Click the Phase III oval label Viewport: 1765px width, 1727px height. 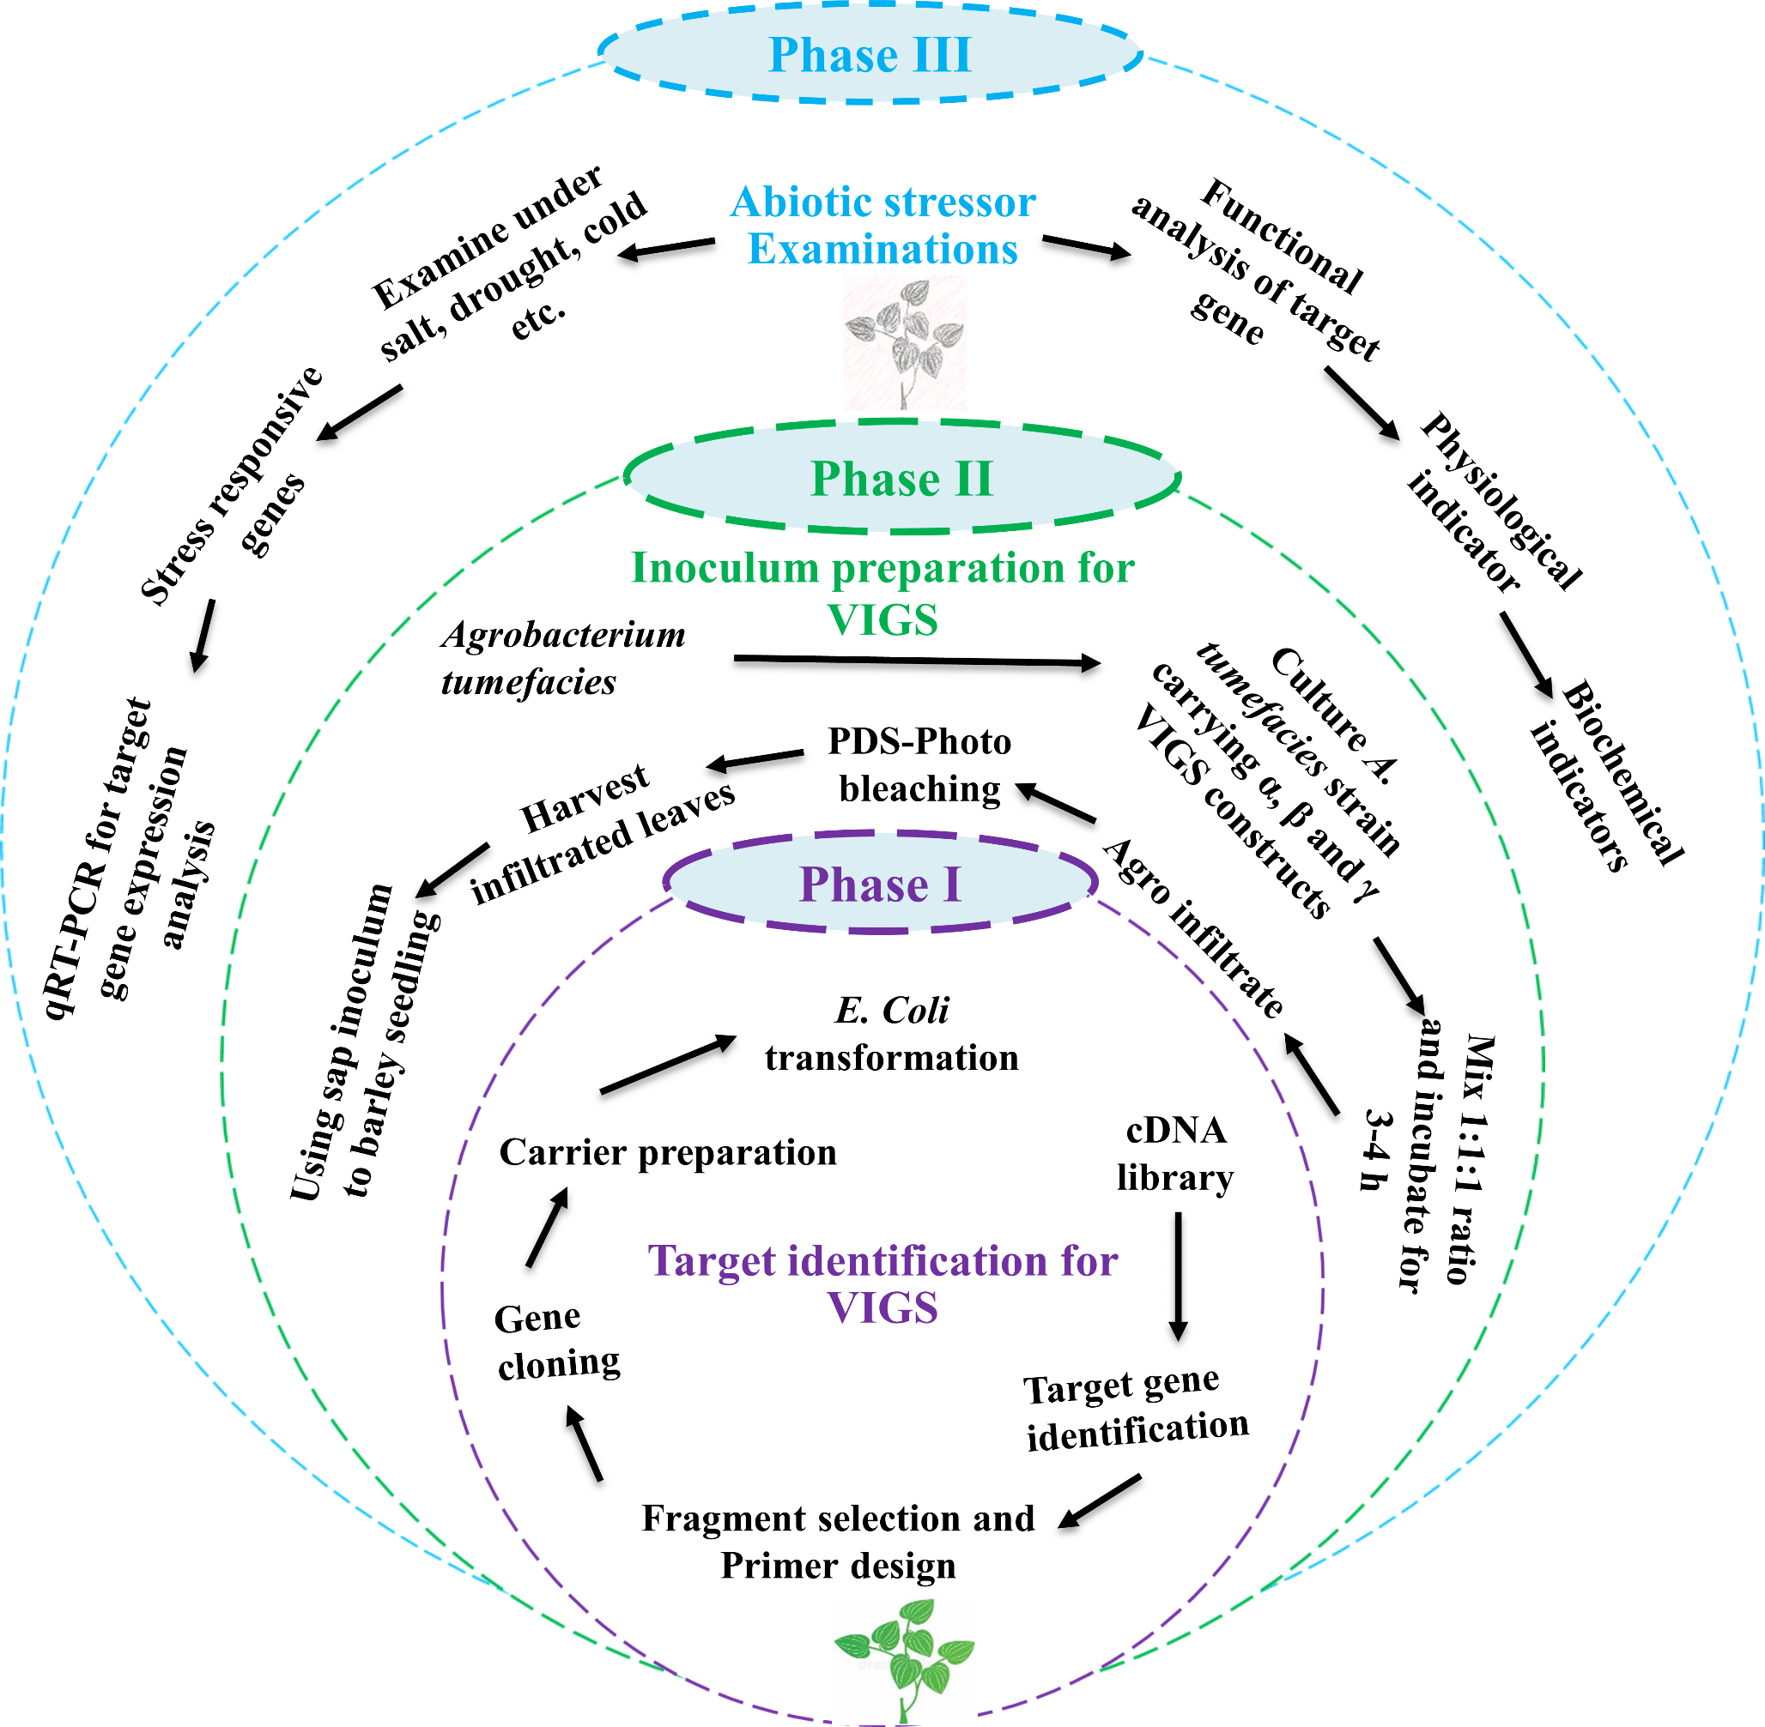tap(870, 53)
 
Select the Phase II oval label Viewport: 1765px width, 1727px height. tap(901, 478)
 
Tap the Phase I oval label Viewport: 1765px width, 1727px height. tap(879, 884)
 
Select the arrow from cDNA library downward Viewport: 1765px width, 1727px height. tap(1178, 1275)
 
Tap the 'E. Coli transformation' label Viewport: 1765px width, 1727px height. tap(891, 1034)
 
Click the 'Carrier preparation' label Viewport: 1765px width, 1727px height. tap(668, 1152)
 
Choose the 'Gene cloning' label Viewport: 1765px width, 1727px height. tap(557, 1341)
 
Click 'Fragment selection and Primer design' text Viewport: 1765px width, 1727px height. tap(838, 1542)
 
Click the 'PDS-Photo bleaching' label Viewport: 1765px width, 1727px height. tap(919, 764)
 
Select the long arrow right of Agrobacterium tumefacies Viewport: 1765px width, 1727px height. tap(917, 661)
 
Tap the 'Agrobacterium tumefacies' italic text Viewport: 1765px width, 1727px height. tap(562, 658)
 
